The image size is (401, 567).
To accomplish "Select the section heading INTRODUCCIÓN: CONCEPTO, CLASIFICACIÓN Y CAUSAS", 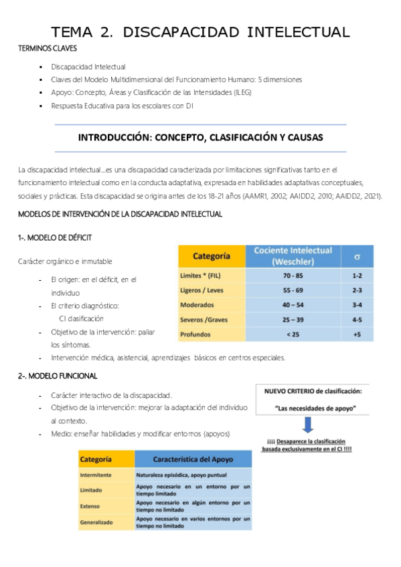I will pyautogui.click(x=200, y=138).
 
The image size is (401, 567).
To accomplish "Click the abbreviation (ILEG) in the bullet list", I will pyautogui.click(x=238, y=92).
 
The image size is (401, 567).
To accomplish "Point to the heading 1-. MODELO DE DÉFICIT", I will pyautogui.click(x=55, y=237).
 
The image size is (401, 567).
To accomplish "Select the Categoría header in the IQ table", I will pyautogui.click(x=212, y=256).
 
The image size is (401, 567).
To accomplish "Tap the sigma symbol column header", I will pyautogui.click(x=357, y=256).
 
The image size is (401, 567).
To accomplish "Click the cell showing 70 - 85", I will pyautogui.click(x=293, y=275).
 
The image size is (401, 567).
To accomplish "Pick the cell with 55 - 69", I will pyautogui.click(x=293, y=290).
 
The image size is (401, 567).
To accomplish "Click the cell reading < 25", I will pyautogui.click(x=293, y=334).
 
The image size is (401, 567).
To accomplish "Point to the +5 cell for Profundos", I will pyautogui.click(x=357, y=334).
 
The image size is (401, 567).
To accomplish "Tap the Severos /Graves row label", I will pyautogui.click(x=204, y=320).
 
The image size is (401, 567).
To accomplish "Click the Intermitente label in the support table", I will pyautogui.click(x=96, y=475).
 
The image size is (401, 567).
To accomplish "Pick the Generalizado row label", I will pyautogui.click(x=96, y=522).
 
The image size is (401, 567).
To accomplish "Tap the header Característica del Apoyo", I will pyautogui.click(x=193, y=459).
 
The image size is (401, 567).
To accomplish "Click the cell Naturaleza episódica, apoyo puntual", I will pyautogui.click(x=177, y=475).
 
